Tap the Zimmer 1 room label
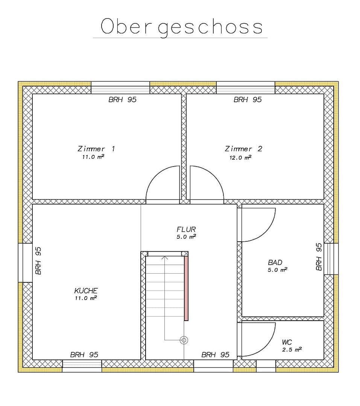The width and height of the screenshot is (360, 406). pyautogui.click(x=96, y=149)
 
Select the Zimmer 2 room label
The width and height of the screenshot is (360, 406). pyautogui.click(x=243, y=149)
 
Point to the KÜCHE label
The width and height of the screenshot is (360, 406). pyautogui.click(x=86, y=290)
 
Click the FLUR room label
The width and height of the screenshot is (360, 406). pyautogui.click(x=186, y=229)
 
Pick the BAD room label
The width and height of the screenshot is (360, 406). pyautogui.click(x=275, y=262)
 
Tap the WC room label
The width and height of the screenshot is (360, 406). pyautogui.click(x=287, y=342)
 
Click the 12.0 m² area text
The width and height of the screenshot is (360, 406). pyautogui.click(x=240, y=158)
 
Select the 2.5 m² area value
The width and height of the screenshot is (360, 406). pyautogui.click(x=292, y=350)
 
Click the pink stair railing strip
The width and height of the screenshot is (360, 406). pyautogui.click(x=186, y=289)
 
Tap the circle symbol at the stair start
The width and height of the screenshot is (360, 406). pyautogui.click(x=184, y=340)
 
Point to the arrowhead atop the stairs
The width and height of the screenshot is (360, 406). pyautogui.click(x=165, y=258)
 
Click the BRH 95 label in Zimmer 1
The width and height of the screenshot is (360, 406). pyautogui.click(x=122, y=100)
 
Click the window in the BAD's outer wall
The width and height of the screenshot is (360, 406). pyautogui.click(x=331, y=259)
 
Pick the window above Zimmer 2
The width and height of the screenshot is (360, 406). pyautogui.click(x=245, y=88)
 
